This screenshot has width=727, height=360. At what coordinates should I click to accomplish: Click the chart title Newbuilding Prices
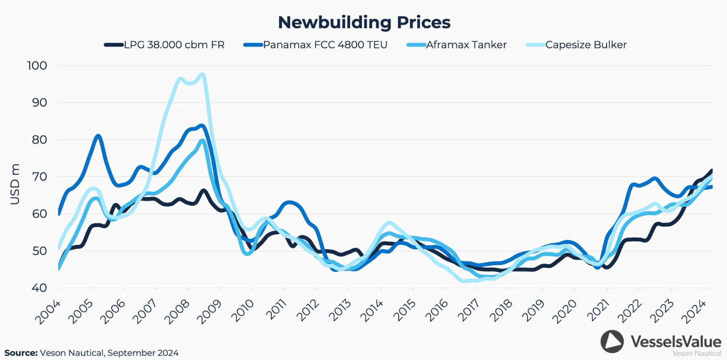364,22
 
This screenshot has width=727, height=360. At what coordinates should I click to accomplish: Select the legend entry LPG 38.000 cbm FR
174,45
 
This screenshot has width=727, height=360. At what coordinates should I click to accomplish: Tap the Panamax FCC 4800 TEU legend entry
325,45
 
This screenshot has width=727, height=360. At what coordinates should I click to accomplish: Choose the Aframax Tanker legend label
466,45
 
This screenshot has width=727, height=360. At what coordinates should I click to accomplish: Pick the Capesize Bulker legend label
586,45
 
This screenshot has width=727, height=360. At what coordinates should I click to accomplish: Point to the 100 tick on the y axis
37,66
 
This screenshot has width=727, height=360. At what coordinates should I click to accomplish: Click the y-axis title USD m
15,184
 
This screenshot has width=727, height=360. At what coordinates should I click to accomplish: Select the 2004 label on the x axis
48,312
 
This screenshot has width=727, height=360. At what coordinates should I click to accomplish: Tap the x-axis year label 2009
209,312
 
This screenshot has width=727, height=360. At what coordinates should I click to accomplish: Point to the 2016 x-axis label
435,312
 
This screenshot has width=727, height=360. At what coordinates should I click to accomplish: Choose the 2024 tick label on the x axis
694,312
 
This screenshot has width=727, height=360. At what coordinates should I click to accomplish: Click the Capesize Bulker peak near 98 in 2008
203,74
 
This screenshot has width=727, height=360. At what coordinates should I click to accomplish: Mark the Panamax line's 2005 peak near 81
98,136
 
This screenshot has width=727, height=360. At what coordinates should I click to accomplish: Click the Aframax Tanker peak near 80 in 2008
202,141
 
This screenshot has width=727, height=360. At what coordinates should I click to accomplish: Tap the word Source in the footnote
21,353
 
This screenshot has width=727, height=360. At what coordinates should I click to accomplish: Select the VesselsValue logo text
675,342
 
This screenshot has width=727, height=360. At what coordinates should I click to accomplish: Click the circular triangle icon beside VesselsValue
612,342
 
